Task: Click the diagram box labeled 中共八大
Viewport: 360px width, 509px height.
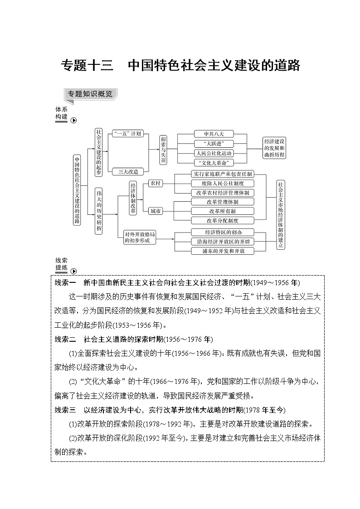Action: coord(212,134)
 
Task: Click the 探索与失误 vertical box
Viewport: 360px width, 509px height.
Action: coord(164,149)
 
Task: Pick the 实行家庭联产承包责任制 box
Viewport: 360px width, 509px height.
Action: coord(222,174)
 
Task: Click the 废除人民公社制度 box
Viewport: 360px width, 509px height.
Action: coord(222,183)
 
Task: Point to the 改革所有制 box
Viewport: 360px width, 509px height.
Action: coord(222,211)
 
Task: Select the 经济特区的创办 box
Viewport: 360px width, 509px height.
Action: coord(222,232)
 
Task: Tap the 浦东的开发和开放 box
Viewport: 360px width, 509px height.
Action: coord(222,251)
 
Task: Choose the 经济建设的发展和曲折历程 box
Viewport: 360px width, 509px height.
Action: coord(274,148)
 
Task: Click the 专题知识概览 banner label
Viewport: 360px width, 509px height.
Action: coord(89,94)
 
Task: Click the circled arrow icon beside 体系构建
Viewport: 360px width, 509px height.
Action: coord(73,120)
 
